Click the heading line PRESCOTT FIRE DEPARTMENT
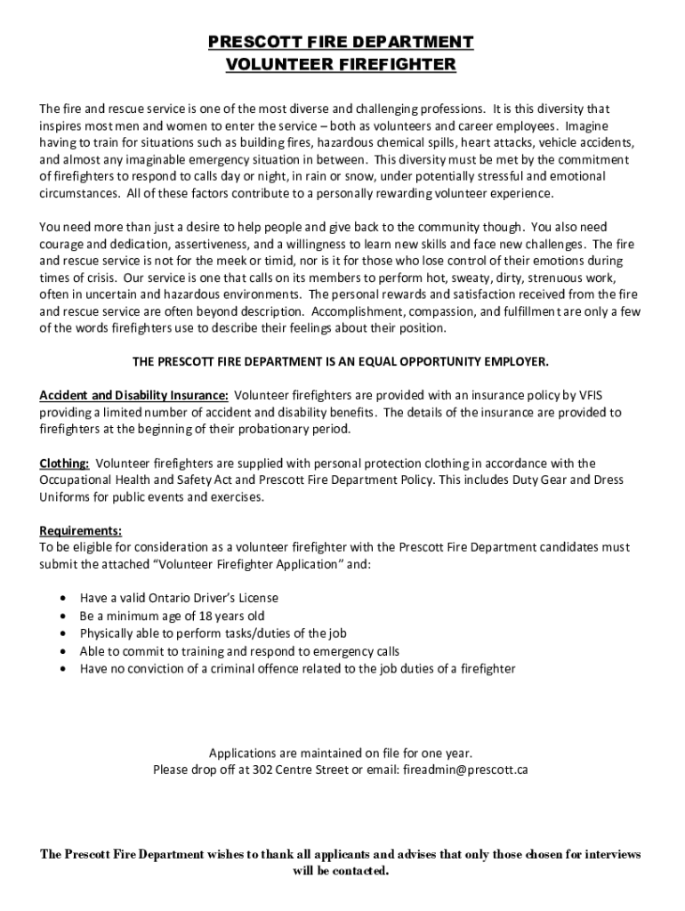pos(341,42)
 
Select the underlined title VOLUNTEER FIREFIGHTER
pos(341,64)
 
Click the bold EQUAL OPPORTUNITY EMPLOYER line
pos(341,362)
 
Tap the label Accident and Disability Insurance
pos(134,396)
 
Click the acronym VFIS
pos(604,396)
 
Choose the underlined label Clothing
pos(64,464)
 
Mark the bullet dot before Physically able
pos(61,633)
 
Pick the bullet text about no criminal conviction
pos(297,667)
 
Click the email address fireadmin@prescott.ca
pos(465,769)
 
